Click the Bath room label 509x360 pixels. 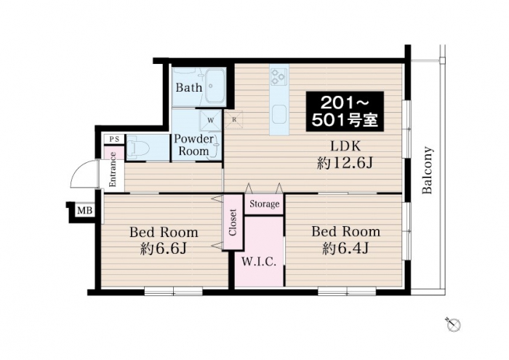coord(189,87)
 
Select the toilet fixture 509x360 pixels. coord(138,148)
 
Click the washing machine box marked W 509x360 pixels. coord(210,120)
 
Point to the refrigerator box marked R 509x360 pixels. coord(234,119)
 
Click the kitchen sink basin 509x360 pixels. coord(279,115)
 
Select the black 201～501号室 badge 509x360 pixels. coord(345,111)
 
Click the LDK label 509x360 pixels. coord(345,146)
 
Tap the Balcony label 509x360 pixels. coord(428,170)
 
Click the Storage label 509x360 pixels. coord(264,204)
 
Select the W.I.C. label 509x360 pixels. coord(259,262)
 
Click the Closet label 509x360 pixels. coord(233,223)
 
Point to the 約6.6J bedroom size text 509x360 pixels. coord(164,249)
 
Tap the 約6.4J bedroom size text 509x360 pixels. coord(345,249)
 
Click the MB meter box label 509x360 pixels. coord(85,211)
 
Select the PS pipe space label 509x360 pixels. coord(114,139)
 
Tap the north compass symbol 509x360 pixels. coord(453,324)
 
